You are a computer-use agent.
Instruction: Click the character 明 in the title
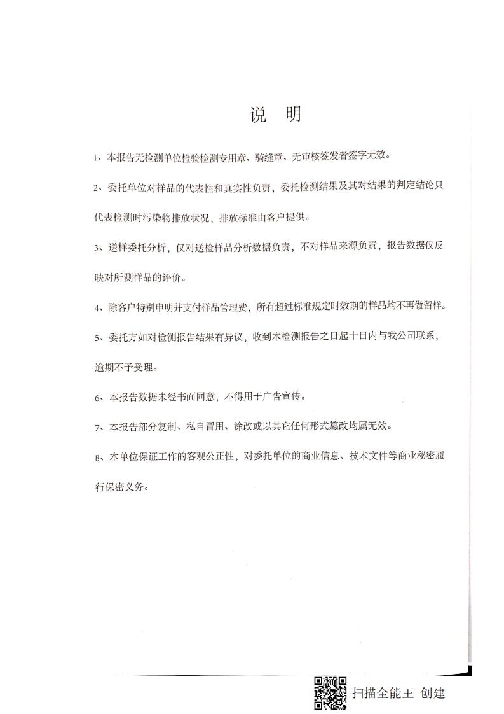[293, 115]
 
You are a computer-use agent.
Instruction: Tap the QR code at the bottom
[330, 693]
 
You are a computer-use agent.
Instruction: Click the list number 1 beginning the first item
[95, 157]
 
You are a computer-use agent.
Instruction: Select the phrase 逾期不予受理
[123, 367]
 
